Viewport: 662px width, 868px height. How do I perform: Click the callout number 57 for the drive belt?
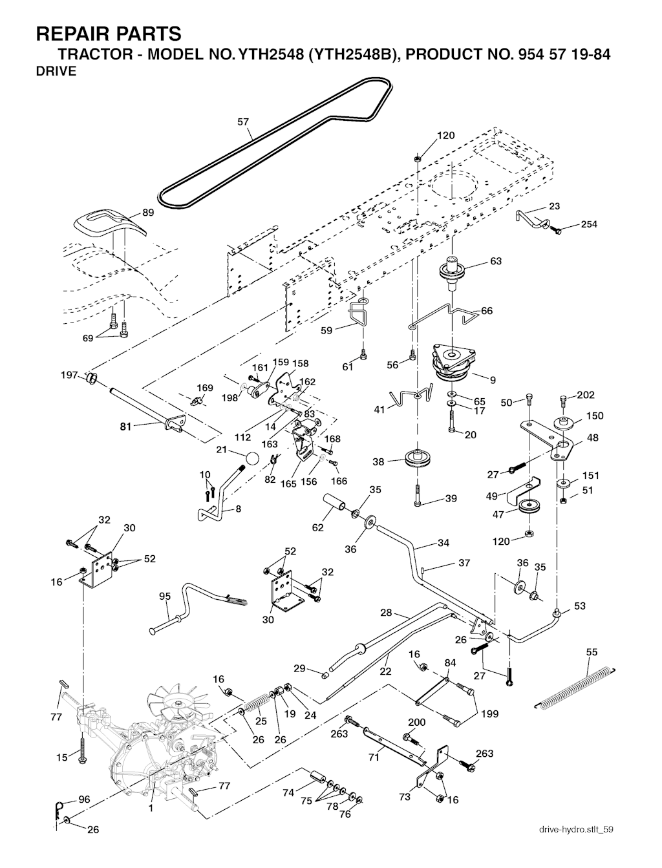pyautogui.click(x=243, y=121)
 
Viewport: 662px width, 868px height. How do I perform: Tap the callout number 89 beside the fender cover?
pyautogui.click(x=148, y=213)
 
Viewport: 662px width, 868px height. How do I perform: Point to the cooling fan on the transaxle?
pyautogui.click(x=175, y=702)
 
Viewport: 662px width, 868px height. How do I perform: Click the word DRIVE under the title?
pyautogui.click(x=56, y=71)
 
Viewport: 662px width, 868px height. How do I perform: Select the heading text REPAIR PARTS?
pyautogui.click(x=109, y=33)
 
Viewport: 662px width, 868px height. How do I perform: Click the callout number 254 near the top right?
pyautogui.click(x=588, y=224)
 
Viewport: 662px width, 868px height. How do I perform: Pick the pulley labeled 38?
pyautogui.click(x=418, y=460)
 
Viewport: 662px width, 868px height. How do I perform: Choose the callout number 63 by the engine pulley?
pyautogui.click(x=496, y=261)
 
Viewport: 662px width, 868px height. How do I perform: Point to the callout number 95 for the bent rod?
pyautogui.click(x=165, y=596)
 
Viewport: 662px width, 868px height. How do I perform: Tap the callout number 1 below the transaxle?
pyautogui.click(x=151, y=807)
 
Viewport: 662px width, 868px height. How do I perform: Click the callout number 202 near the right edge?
pyautogui.click(x=585, y=395)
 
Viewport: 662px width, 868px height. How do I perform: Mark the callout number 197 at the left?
pyautogui.click(x=69, y=375)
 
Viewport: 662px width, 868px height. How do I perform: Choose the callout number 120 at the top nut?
pyautogui.click(x=446, y=136)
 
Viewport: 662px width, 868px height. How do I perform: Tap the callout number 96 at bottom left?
pyautogui.click(x=84, y=799)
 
